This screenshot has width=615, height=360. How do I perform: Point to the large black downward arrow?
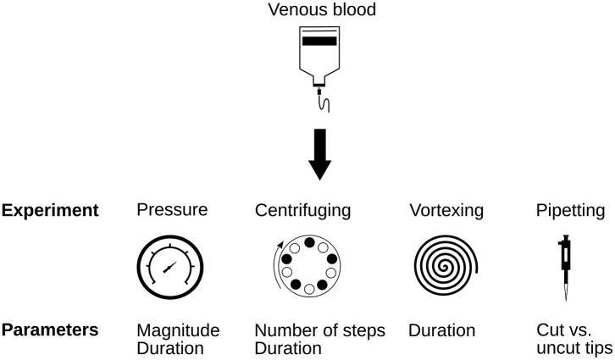pyautogui.click(x=319, y=153)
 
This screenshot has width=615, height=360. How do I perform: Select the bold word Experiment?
pyautogui.click(x=50, y=210)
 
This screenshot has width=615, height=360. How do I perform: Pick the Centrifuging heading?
pyautogui.click(x=303, y=210)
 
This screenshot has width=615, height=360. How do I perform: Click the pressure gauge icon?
pyautogui.click(x=170, y=269)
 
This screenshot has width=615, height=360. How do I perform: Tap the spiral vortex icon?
pyautogui.click(x=445, y=269)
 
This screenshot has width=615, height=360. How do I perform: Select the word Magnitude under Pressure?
pyautogui.click(x=178, y=330)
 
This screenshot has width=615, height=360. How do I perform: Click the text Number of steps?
pyautogui.click(x=320, y=330)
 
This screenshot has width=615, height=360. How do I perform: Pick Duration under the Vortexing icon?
pyautogui.click(x=441, y=330)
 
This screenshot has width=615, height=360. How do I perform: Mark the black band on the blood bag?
pyautogui.click(x=319, y=41)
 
